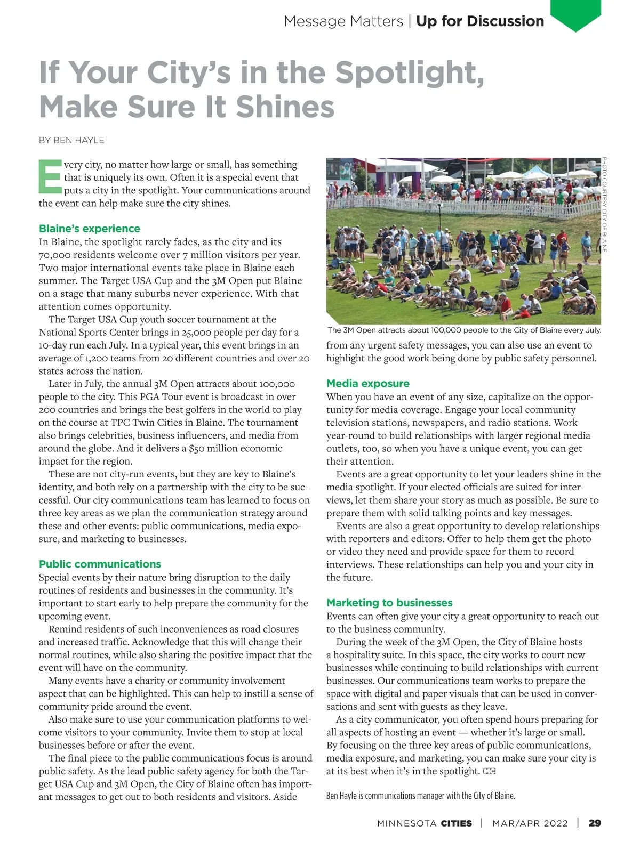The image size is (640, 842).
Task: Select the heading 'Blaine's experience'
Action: [x=89, y=229]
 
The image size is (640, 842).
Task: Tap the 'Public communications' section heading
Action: [x=100, y=564]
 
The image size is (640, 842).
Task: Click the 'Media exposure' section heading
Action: [x=367, y=383]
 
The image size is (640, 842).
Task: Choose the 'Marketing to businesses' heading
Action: [x=389, y=603]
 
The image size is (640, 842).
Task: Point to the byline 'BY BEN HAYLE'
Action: [x=71, y=140]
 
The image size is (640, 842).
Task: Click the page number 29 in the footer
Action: [x=594, y=823]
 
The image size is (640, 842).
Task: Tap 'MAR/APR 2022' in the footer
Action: [x=530, y=823]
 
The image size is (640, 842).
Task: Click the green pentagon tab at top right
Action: [x=575, y=14]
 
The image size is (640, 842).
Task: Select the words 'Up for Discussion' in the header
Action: [x=480, y=21]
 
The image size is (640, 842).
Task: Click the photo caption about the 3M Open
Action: [x=464, y=330]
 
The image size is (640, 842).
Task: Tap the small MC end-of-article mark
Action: [x=489, y=771]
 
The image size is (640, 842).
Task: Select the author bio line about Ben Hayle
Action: [x=420, y=796]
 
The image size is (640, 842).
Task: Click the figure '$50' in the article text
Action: [x=198, y=448]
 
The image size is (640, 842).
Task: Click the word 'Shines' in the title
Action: [x=285, y=107]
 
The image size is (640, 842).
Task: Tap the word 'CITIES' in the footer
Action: [x=456, y=823]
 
